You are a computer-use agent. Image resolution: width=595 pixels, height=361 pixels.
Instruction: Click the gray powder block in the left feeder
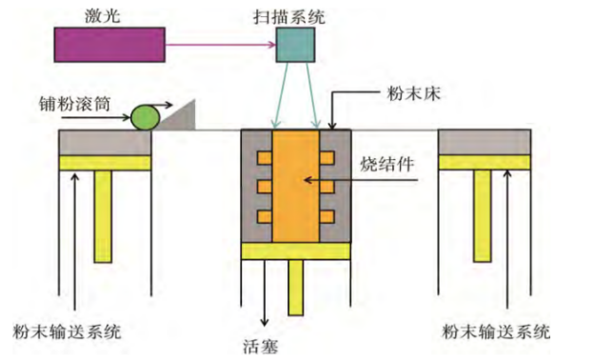click(x=105, y=142)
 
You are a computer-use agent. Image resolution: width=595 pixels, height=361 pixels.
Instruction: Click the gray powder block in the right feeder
click(x=484, y=142)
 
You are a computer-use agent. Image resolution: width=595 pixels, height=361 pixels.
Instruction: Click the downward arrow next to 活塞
click(x=264, y=295)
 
